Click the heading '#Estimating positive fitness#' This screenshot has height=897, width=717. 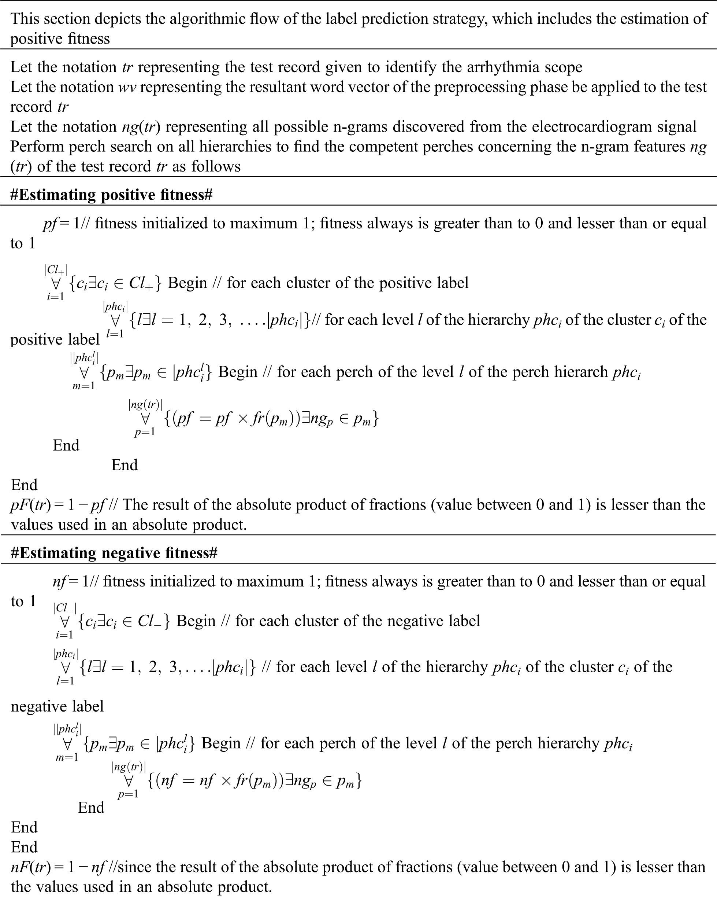111,195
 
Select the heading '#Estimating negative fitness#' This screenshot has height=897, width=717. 114,553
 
